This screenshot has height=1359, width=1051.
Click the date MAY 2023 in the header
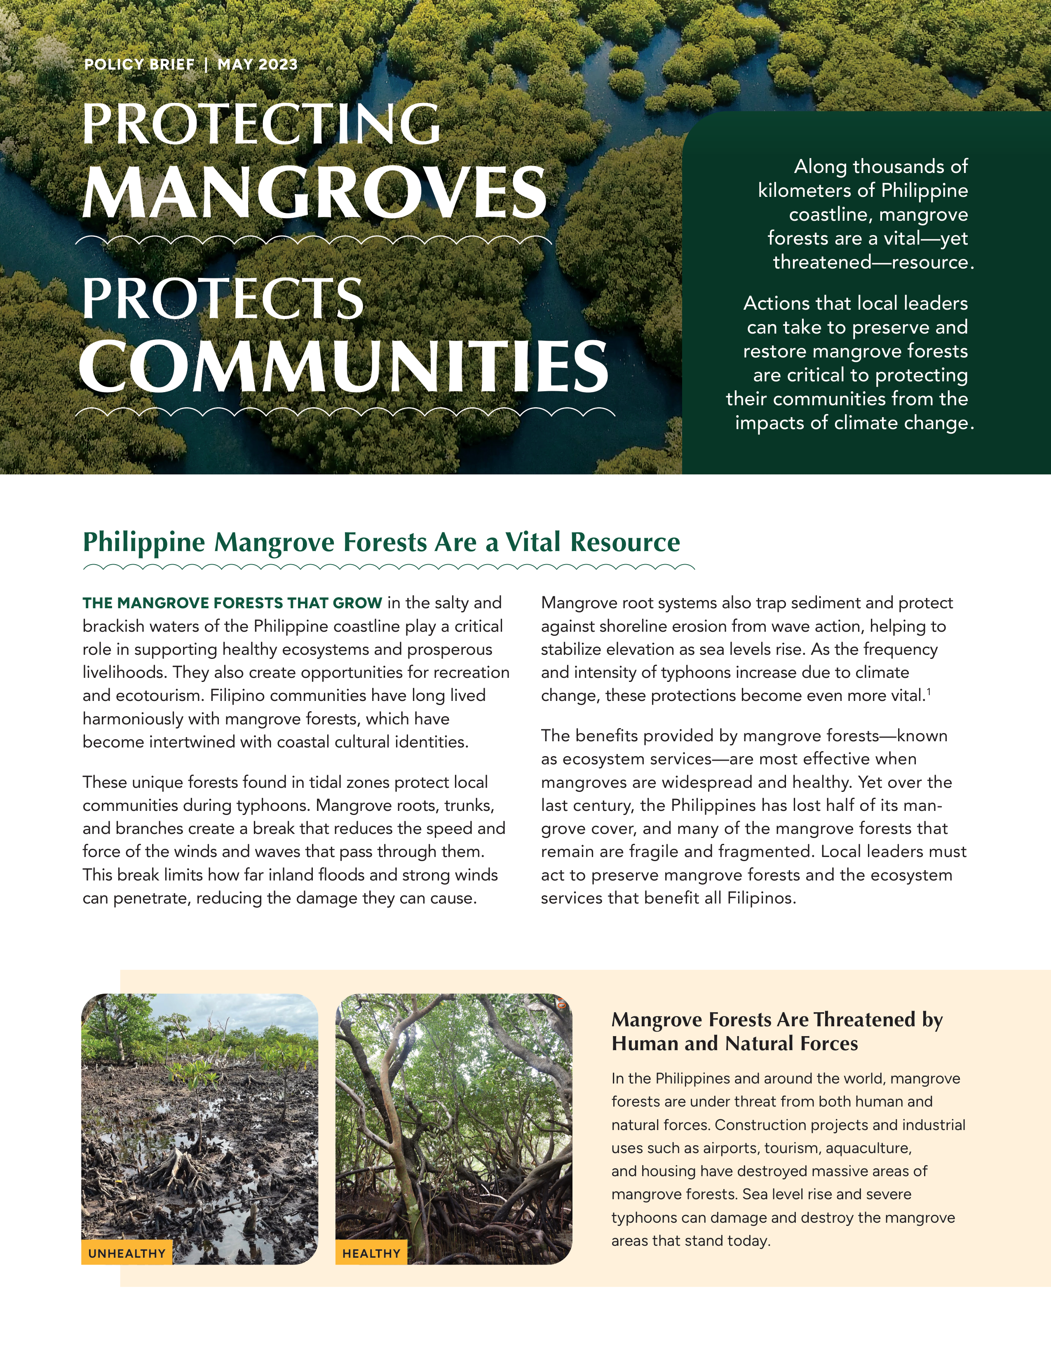pyautogui.click(x=257, y=65)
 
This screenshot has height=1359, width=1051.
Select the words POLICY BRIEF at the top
pyautogui.click(x=139, y=65)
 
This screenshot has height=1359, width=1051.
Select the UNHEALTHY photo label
pyautogui.click(x=127, y=1253)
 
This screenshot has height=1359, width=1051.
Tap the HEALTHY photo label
pyautogui.click(x=371, y=1253)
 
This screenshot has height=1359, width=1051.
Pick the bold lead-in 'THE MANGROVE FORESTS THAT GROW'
pyautogui.click(x=232, y=603)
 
